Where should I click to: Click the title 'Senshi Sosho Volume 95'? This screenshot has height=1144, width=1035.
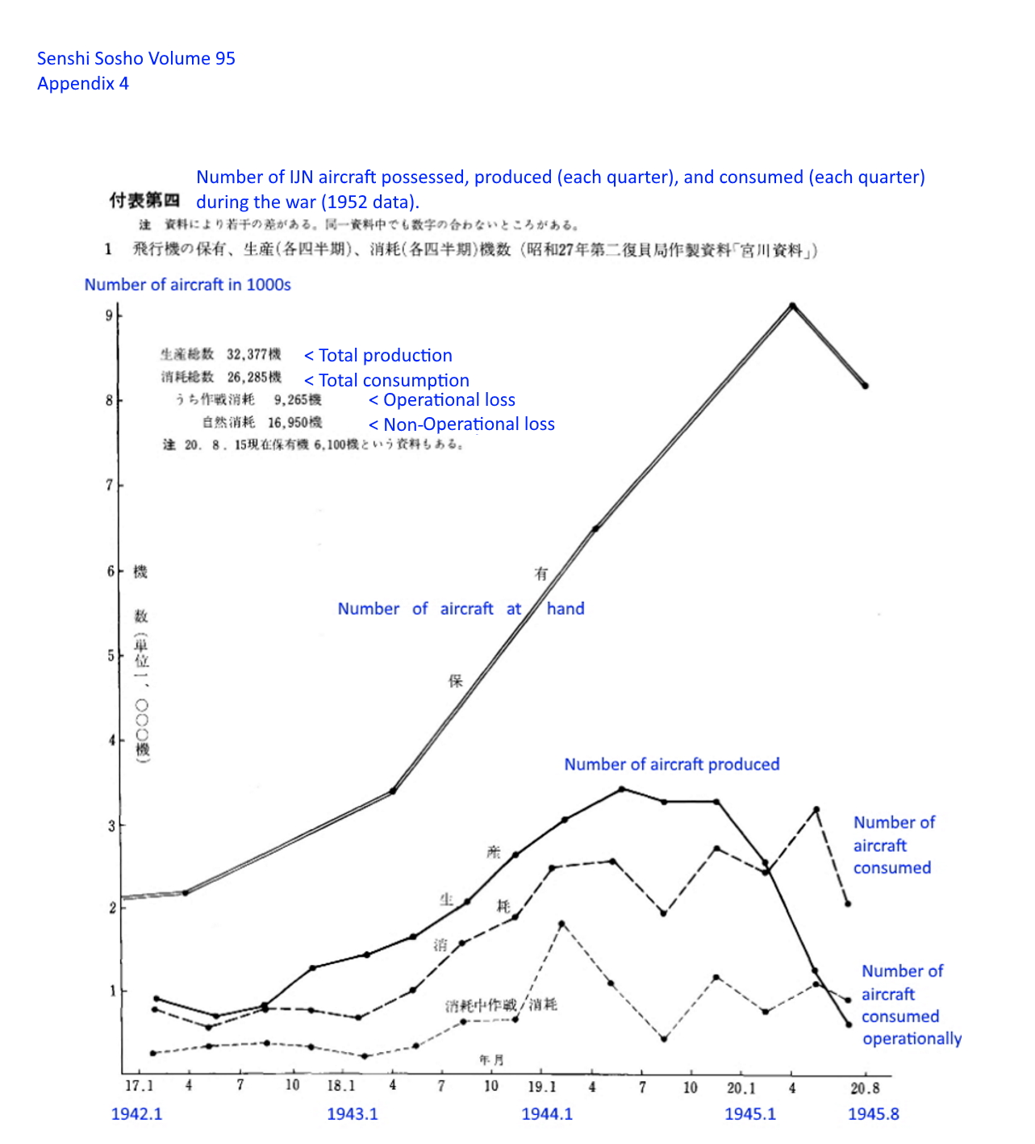pos(136,58)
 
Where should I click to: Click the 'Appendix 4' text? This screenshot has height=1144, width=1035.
pos(83,83)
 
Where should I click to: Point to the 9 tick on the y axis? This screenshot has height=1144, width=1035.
pos(110,315)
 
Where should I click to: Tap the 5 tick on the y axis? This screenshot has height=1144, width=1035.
pos(111,656)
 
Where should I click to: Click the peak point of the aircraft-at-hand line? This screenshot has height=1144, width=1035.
pos(792,306)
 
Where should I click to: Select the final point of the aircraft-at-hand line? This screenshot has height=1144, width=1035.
pos(865,386)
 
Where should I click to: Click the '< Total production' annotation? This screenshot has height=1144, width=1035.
pos(378,356)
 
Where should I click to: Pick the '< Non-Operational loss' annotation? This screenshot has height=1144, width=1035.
pos(461,424)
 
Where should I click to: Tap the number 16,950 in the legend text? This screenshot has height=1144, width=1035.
pos(294,422)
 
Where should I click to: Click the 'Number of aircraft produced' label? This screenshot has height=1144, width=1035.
pos(671,764)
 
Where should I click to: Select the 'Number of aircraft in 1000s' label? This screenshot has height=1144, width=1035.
pos(187,284)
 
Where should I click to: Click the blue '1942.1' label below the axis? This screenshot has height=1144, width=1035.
pos(136,1114)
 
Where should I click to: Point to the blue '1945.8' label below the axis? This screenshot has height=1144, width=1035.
pos(873,1114)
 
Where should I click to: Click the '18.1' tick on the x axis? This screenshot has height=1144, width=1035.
pos(340,1086)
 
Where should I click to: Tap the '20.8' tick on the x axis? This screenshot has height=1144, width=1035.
pos(865,1088)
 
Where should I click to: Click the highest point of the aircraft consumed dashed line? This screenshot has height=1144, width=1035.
pos(816,809)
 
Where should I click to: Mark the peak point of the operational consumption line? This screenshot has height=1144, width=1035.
pos(561,924)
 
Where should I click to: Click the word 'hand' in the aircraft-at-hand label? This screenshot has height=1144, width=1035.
pos(565,608)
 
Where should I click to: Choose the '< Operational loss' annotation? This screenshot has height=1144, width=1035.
pos(442,400)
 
